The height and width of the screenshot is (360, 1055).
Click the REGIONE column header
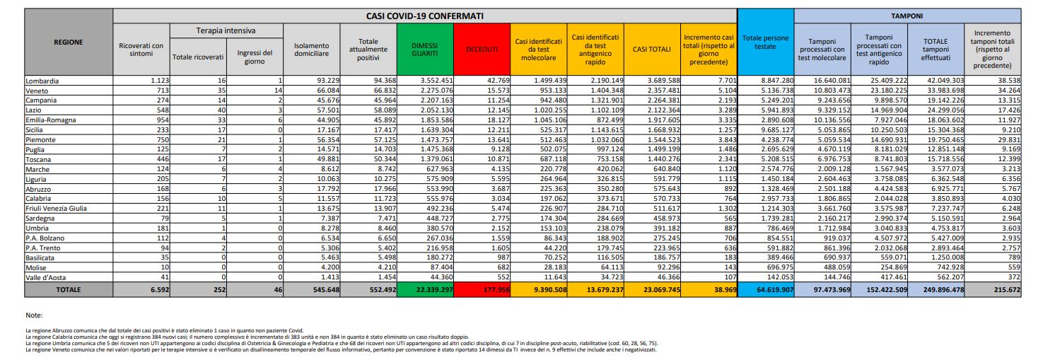click(x=69, y=42)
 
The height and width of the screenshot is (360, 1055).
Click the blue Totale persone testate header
click(x=765, y=42)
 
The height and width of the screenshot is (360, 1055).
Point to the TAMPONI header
click(x=907, y=15)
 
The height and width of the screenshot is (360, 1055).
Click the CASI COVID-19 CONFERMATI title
click(x=424, y=15)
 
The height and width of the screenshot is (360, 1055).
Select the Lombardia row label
click(x=43, y=81)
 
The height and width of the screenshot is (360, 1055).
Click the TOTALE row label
click(x=69, y=290)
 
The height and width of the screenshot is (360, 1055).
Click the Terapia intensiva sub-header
click(x=226, y=31)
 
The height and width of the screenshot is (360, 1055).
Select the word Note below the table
click(x=34, y=315)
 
